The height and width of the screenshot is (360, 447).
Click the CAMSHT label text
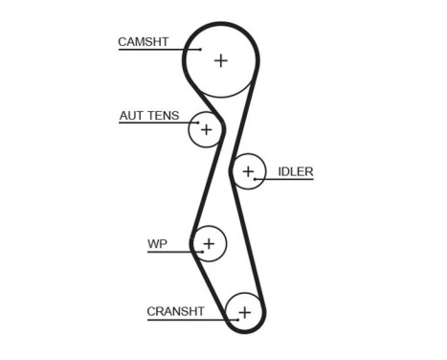tap(143, 41)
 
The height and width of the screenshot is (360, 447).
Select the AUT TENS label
tap(148, 116)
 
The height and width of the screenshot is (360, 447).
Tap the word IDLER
tap(295, 172)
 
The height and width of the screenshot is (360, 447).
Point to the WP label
tap(157, 244)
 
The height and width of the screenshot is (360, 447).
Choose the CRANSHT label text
tap(175, 311)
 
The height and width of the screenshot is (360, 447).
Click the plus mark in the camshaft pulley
tap(221, 60)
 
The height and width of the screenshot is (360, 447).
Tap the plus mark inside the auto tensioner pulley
tap(206, 128)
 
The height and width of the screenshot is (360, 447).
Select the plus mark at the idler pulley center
tap(248, 172)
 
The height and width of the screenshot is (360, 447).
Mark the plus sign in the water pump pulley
tap(209, 244)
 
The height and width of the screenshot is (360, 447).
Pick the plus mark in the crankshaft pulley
tap(244, 312)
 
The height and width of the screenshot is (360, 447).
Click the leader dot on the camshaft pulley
tap(201, 49)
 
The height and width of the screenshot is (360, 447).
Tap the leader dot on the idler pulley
tap(256, 180)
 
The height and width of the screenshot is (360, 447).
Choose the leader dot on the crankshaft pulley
tap(228, 319)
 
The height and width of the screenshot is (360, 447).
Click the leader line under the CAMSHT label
tap(158, 49)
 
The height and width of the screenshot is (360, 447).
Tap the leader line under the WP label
tap(173, 252)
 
